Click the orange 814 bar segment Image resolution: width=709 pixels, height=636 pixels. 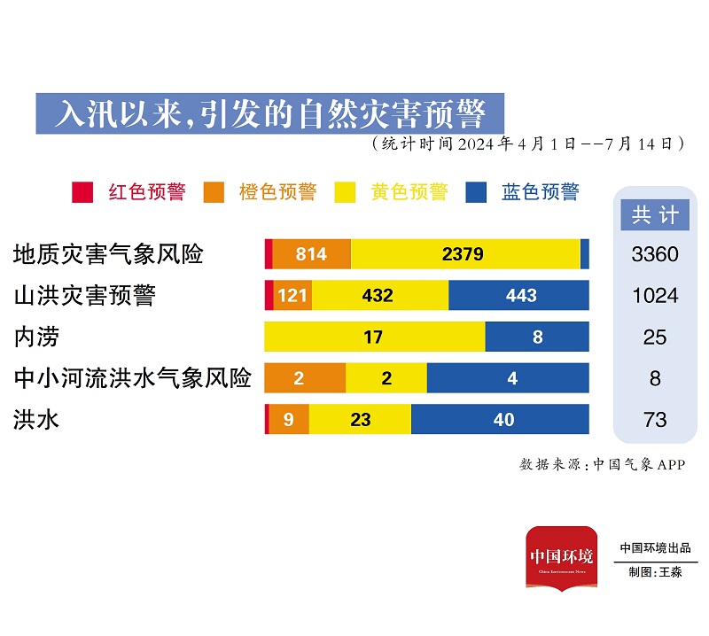click(311, 254)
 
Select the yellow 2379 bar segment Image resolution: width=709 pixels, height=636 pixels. click(465, 254)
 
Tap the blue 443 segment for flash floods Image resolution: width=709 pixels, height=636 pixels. click(519, 296)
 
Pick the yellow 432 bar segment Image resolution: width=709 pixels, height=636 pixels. click(379, 296)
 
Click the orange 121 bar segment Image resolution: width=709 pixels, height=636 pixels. click(292, 296)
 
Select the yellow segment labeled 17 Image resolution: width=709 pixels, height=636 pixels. click(374, 337)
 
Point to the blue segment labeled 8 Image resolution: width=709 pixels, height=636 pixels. click(537, 337)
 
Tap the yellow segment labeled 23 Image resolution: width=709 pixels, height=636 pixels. click(360, 420)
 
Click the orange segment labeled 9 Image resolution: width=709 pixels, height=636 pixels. click(289, 420)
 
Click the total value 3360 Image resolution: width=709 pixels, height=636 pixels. click(655, 255)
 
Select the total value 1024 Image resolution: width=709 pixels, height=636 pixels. click(655, 296)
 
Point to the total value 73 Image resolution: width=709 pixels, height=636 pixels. click(655, 420)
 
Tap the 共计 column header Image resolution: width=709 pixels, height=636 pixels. click(655, 214)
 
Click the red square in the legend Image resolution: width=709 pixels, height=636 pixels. click(82, 192)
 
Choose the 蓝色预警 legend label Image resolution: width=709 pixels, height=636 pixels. click(541, 192)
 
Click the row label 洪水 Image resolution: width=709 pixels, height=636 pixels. click(36, 420)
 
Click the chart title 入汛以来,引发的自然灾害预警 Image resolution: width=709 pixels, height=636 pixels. click(269, 113)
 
